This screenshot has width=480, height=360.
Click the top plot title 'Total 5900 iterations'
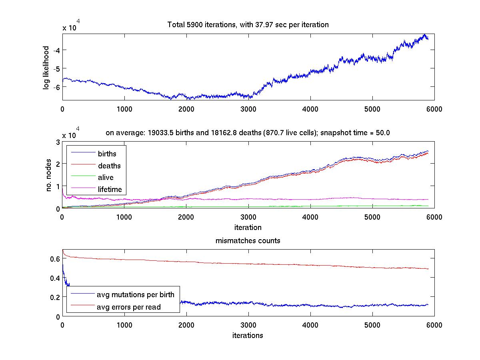248,25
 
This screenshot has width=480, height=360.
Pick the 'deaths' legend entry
109,166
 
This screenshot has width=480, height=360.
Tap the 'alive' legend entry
106,178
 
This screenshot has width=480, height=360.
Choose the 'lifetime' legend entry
110,190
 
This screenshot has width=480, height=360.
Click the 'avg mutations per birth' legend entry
135,295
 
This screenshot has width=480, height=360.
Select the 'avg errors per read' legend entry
129,307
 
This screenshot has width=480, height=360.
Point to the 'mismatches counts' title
248,241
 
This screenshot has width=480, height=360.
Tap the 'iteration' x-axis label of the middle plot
248,228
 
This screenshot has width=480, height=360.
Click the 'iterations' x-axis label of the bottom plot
248,335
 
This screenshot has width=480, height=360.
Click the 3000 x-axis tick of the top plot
248,109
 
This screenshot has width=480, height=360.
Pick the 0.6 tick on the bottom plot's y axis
55,259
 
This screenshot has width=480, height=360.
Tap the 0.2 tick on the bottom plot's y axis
55,297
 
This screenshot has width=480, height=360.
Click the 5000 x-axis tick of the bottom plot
372,325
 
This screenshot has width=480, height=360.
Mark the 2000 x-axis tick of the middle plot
186,217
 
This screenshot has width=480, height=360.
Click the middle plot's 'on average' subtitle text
248,133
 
